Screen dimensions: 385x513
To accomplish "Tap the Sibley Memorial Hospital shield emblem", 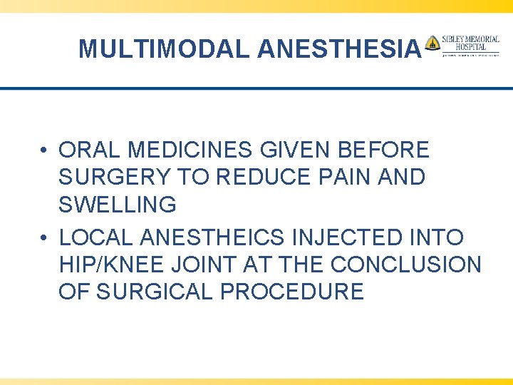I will [x=432, y=43].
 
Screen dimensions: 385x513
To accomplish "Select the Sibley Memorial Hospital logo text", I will [x=471, y=43].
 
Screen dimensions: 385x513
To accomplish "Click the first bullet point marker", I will [x=45, y=150].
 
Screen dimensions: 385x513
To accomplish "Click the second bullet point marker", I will [x=45, y=237].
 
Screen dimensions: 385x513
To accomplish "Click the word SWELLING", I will [x=118, y=205].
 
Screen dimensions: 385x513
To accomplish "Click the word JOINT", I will [x=212, y=265].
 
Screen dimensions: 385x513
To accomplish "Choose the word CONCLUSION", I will [x=406, y=265].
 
